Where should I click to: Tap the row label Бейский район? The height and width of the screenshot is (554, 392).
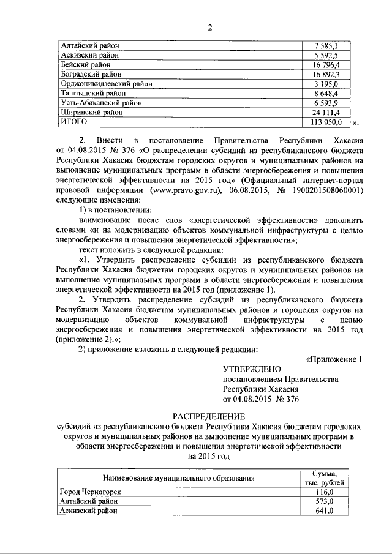click(85, 64)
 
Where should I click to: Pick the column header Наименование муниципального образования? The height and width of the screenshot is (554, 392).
click(178, 477)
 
